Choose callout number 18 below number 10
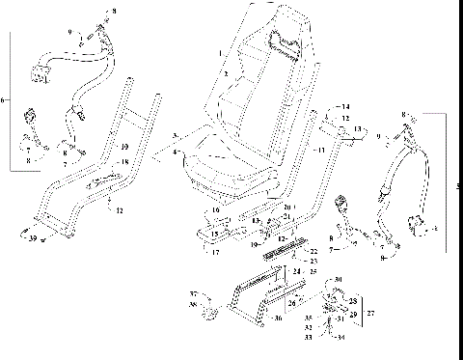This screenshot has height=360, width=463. click(x=123, y=162)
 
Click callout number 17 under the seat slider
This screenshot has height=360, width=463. click(x=216, y=254)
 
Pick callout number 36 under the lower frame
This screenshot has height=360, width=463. click(x=279, y=317)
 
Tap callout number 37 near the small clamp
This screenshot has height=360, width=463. click(x=192, y=293)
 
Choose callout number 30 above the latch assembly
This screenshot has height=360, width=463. click(x=338, y=280)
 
